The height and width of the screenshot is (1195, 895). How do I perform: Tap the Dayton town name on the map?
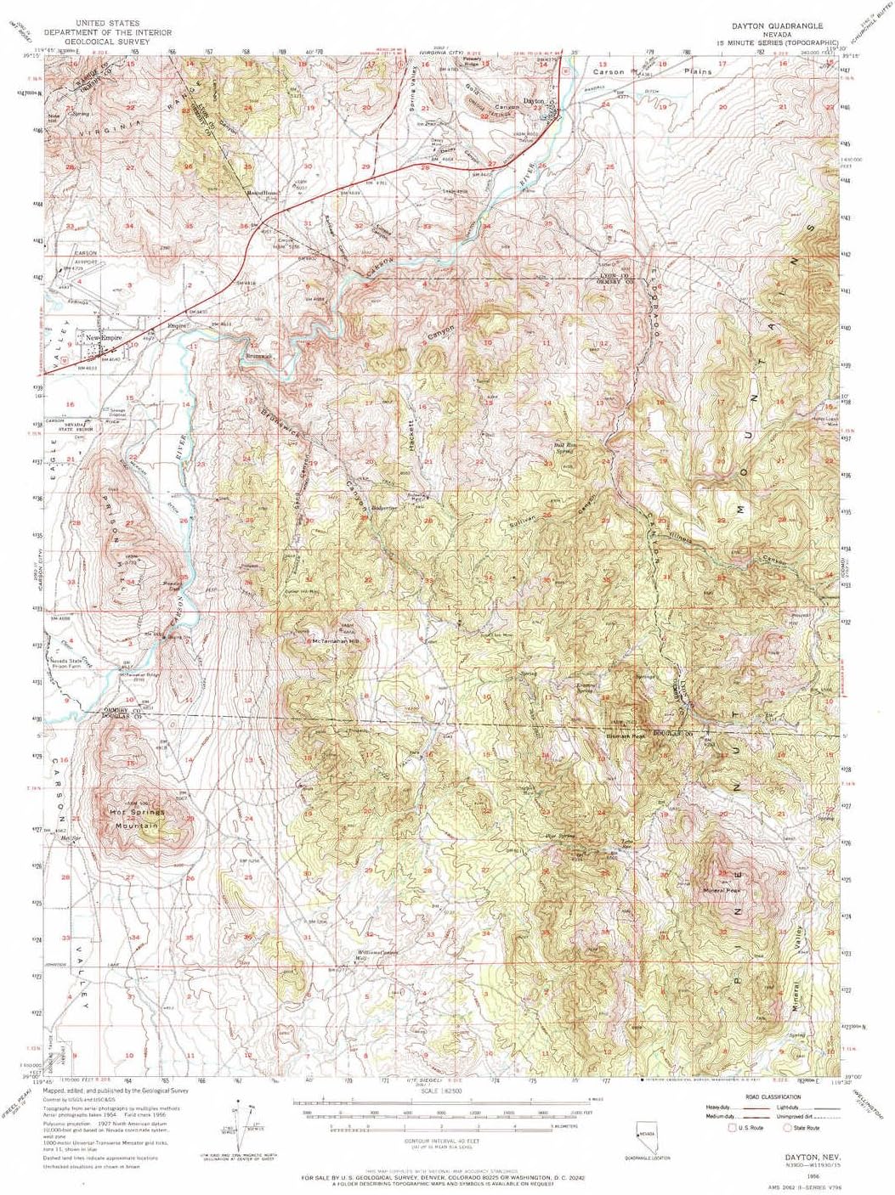pyautogui.click(x=533, y=101)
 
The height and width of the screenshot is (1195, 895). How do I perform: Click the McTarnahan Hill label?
pyautogui.click(x=337, y=641)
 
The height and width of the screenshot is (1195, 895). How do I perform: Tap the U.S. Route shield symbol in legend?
pyautogui.click(x=732, y=1127)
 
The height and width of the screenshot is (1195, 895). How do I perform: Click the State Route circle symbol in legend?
pyautogui.click(x=787, y=1127)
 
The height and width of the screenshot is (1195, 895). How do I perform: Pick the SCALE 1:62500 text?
pyautogui.click(x=439, y=1090)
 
